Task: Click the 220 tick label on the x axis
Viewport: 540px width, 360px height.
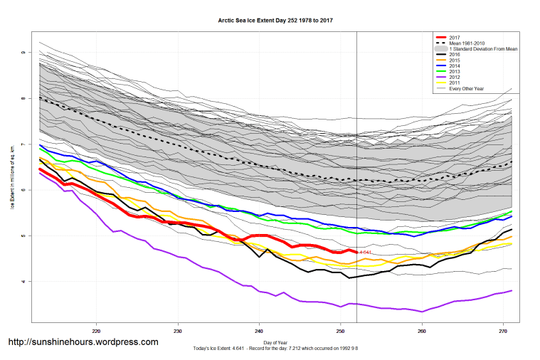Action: point(96,330)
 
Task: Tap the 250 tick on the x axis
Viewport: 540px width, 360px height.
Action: point(340,330)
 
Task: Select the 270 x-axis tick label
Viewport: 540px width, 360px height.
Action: point(503,330)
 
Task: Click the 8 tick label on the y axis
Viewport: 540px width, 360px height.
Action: point(23,99)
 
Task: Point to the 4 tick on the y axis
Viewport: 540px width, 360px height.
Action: point(23,282)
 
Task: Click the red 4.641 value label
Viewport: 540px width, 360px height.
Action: point(366,253)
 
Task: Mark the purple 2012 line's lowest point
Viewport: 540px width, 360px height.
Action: point(423,312)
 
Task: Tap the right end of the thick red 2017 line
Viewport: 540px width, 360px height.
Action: point(356,252)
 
